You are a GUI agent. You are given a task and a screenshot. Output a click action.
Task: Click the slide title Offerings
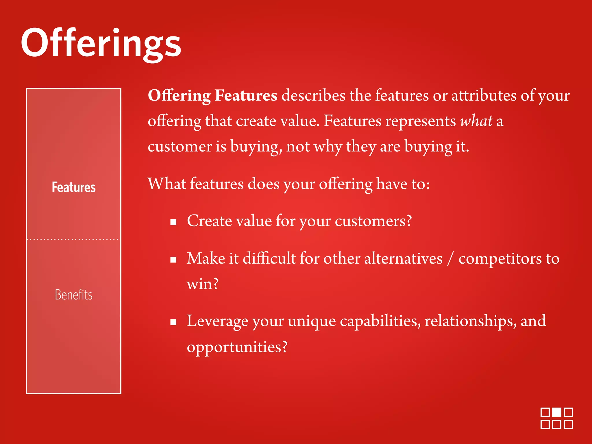[101, 43]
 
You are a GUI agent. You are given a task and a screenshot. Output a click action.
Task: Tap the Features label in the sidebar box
[73, 187]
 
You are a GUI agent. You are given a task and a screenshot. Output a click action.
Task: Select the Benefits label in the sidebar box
[73, 295]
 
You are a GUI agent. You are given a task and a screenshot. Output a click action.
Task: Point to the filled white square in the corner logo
[556, 412]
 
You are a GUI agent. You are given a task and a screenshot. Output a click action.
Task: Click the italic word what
[476, 121]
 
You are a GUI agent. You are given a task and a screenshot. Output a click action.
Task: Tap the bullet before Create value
[173, 222]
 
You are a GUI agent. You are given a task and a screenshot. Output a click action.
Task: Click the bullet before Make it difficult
[173, 260]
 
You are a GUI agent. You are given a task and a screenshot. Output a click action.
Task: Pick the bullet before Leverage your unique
[173, 322]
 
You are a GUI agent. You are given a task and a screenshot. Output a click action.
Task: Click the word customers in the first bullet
[373, 221]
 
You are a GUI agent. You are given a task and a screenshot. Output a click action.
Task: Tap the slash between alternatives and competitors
[450, 258]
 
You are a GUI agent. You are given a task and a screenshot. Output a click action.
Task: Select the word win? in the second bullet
[202, 284]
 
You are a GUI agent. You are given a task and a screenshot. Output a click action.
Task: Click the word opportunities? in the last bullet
[237, 347]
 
